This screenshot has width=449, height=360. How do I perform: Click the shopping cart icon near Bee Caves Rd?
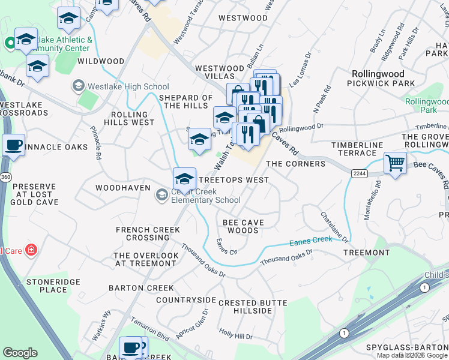(x=395, y=162)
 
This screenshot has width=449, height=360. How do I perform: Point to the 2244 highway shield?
(x=358, y=172)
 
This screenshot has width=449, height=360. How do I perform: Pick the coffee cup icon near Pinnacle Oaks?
(x=13, y=145)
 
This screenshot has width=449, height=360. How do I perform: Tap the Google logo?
(x=20, y=353)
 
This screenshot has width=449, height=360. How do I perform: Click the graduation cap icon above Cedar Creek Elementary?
(x=184, y=178)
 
